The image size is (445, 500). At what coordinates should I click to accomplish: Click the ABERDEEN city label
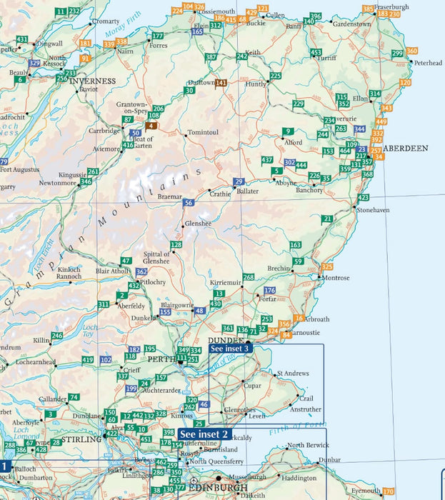(x=405, y=148)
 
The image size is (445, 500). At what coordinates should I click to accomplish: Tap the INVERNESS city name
(x=93, y=81)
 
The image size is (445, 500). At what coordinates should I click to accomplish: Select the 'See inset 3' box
(x=230, y=349)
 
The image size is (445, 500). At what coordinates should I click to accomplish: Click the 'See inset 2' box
(x=204, y=434)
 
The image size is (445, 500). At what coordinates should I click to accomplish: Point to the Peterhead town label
(x=428, y=63)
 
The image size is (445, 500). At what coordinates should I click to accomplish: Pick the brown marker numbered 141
(x=221, y=83)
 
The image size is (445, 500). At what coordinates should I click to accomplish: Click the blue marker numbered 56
(x=188, y=204)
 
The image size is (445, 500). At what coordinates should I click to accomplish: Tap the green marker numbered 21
(x=327, y=219)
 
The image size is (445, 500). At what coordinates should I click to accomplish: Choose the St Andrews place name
(x=292, y=374)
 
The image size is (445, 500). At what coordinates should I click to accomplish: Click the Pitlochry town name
(x=151, y=282)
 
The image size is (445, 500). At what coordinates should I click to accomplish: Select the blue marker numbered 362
(x=141, y=272)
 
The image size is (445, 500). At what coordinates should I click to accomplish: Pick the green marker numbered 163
(x=296, y=246)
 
